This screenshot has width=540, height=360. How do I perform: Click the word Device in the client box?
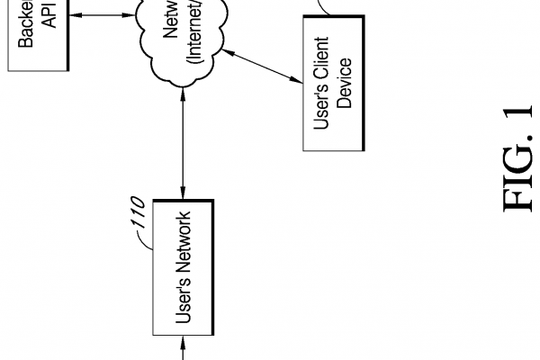345,84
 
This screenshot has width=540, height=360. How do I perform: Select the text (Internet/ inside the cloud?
193,36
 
